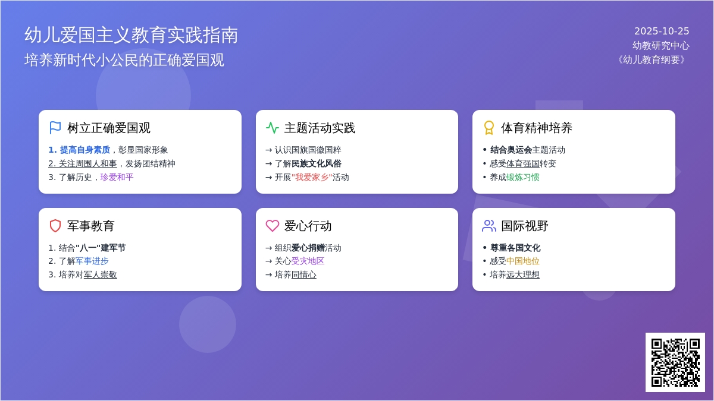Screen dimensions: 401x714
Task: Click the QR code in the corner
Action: click(675, 362)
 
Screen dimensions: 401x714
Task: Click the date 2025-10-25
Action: click(662, 31)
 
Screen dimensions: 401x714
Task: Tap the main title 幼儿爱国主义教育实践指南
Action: click(131, 35)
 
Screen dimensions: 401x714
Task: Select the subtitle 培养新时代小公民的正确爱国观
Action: click(124, 60)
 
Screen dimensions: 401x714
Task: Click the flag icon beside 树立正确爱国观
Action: click(55, 128)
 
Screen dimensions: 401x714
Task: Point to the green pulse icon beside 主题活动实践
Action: click(273, 128)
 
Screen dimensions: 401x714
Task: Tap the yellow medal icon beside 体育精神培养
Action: click(489, 128)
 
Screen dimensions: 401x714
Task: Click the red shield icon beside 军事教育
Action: click(55, 226)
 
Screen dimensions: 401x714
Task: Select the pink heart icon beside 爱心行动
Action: click(273, 226)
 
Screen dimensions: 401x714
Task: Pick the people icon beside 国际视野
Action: click(489, 226)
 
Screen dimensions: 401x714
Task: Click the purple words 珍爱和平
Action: click(117, 177)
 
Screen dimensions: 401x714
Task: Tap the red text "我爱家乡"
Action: click(312, 177)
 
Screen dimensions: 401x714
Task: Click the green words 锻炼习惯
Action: click(523, 177)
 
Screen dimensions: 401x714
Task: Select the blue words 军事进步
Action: click(92, 261)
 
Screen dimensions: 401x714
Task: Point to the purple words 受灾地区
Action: click(308, 261)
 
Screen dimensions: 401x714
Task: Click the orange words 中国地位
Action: click(523, 261)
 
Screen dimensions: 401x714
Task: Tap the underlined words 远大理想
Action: click(523, 274)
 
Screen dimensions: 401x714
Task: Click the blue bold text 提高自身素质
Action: click(85, 150)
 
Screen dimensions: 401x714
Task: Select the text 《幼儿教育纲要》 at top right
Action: click(652, 60)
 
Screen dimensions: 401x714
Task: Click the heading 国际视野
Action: click(525, 226)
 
